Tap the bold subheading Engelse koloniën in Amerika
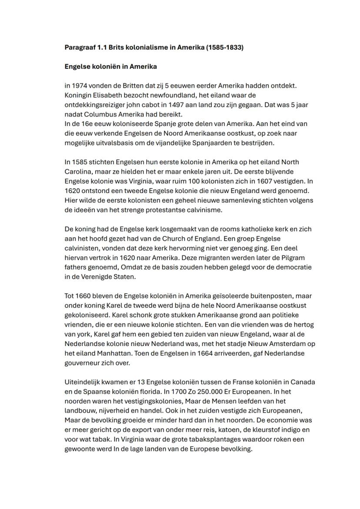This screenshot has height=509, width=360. [110, 67]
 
